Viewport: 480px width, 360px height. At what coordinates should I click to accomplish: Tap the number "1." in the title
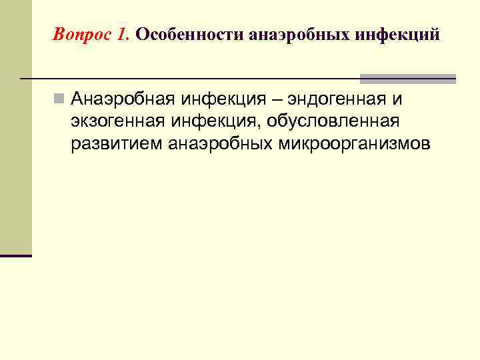coord(123,34)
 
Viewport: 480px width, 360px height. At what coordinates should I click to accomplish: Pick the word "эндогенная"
coord(333,99)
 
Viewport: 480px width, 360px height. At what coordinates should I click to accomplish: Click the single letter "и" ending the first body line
coord(397,100)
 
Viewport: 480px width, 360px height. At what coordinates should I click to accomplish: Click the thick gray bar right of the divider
coord(408,79)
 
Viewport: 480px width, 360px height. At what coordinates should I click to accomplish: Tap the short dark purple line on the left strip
coord(16,255)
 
